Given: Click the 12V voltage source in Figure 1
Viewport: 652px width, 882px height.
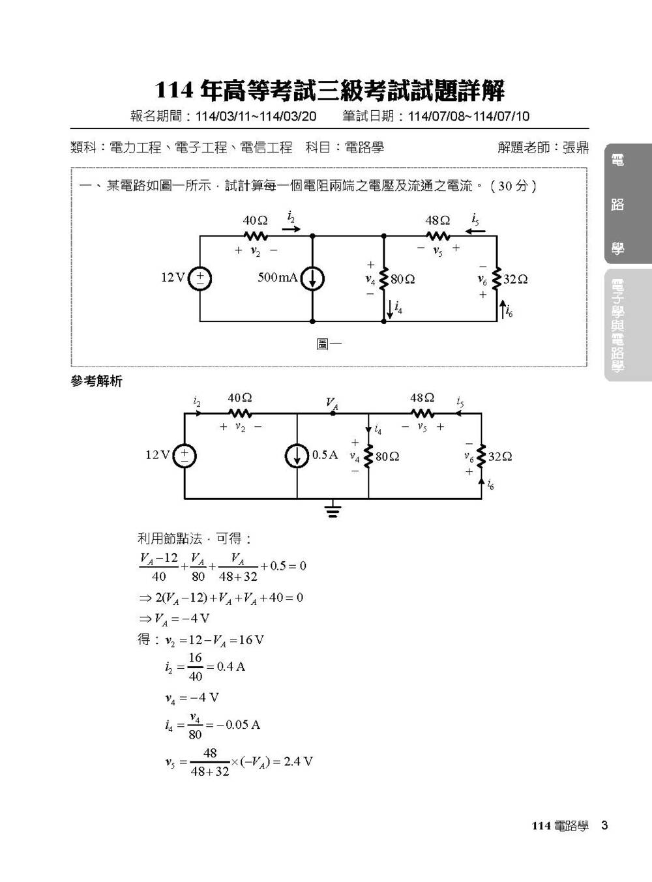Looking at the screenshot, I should click(x=200, y=278).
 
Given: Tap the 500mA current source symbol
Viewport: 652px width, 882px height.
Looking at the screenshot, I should click(x=312, y=278).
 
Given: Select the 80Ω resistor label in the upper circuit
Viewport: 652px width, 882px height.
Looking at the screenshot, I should click(x=403, y=280).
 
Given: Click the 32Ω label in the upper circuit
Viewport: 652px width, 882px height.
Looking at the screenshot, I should click(x=516, y=280).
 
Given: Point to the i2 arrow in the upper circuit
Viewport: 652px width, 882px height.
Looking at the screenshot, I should click(x=292, y=229).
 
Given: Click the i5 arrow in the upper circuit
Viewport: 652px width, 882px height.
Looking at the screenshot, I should click(x=475, y=231).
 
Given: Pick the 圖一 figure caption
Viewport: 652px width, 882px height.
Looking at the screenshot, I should click(x=329, y=344).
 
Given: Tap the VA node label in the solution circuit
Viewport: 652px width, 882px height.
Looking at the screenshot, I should click(x=333, y=404).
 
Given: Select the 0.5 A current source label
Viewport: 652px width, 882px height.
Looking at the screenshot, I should click(x=325, y=454).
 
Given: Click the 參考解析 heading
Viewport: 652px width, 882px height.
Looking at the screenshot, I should click(x=96, y=381).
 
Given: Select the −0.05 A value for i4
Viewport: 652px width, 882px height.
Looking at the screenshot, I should click(x=238, y=724).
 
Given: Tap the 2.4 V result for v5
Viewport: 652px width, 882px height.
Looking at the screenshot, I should click(x=298, y=761).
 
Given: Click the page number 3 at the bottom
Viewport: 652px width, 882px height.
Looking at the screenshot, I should click(x=604, y=825).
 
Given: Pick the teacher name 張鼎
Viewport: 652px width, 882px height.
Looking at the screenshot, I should click(x=576, y=148).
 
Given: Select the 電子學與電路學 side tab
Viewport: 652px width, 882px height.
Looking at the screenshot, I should click(x=617, y=326).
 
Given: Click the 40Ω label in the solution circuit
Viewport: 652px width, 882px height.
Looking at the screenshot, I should click(x=240, y=398).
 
